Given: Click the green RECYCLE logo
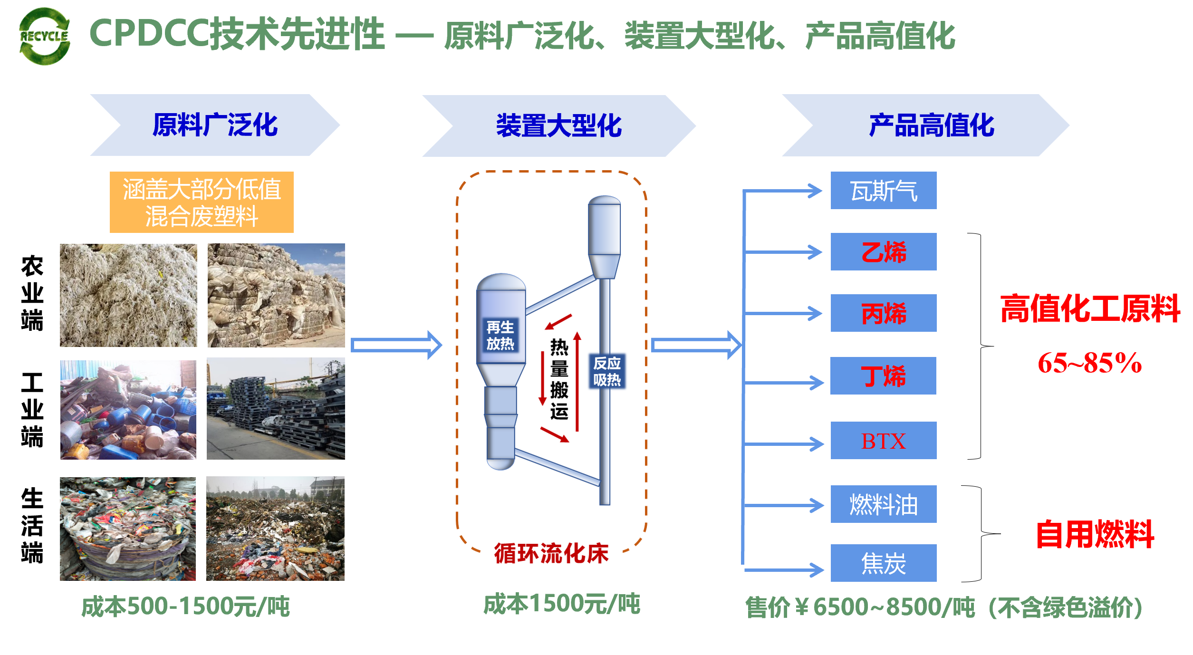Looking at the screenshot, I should [45, 36].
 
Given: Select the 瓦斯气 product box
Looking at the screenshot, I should [883, 191].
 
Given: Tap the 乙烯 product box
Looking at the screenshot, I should [883, 252].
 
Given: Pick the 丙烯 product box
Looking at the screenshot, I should [883, 313].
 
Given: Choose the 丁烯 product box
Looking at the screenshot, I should [883, 376].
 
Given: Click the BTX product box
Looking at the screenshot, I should [883, 441].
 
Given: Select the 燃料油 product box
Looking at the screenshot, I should [883, 504].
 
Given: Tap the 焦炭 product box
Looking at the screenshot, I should [883, 563].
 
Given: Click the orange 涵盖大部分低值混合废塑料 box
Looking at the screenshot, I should [202, 202].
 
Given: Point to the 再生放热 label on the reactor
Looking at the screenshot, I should [500, 335].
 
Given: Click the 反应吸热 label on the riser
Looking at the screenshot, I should [606, 371].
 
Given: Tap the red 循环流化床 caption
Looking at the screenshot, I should [551, 553].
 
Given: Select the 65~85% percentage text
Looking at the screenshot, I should [1089, 363].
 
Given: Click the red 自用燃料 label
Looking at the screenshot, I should [1095, 534].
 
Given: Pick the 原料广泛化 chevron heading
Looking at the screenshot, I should [215, 125].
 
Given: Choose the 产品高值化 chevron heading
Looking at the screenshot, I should [931, 125].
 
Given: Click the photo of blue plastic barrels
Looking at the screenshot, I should [128, 410].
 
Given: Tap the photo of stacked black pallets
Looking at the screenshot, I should [276, 409].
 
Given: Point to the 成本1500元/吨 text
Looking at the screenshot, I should [561, 604].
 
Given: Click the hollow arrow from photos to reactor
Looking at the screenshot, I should [396, 345].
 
